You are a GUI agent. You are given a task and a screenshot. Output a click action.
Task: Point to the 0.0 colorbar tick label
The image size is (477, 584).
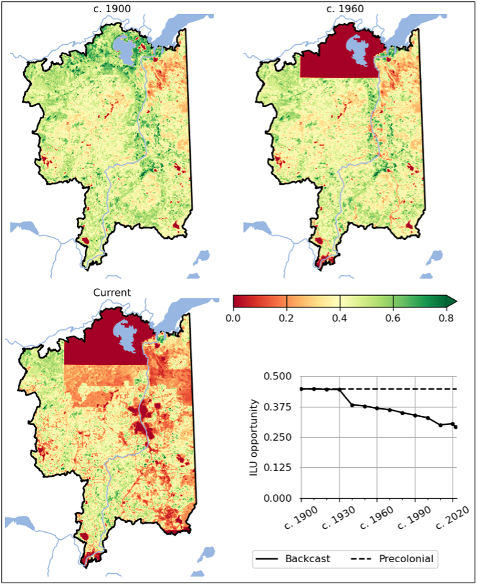tap(233, 318)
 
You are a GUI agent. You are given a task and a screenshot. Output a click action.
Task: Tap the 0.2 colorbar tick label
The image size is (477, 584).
tap(286, 318)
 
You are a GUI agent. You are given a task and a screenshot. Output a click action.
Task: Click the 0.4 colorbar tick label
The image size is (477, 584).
tap(340, 318)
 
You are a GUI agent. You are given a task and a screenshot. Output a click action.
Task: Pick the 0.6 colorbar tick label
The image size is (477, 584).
tap(393, 318)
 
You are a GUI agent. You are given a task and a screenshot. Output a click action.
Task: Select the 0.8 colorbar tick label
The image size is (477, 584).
tap(446, 318)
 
